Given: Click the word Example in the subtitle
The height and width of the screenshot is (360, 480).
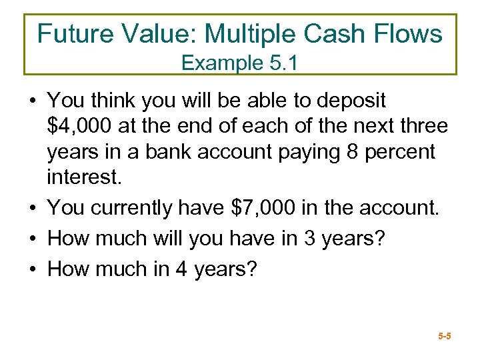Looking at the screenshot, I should tap(218, 63).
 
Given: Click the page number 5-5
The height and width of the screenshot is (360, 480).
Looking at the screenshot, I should tap(445, 337).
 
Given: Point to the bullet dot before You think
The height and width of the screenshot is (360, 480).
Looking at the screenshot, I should tap(31, 101).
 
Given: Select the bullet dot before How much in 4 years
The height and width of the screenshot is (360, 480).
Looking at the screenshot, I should tap(31, 269).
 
